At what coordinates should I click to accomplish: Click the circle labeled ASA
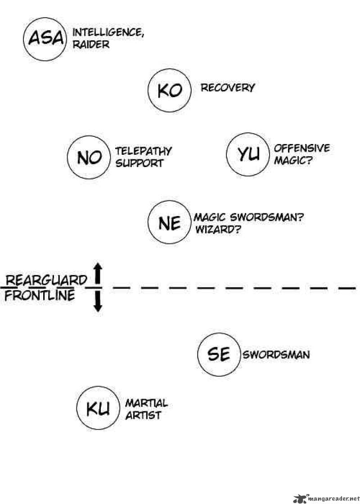[x=45, y=39]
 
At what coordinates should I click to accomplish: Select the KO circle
[x=169, y=91]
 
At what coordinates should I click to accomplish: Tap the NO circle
[x=89, y=157]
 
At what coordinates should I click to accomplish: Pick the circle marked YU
[x=248, y=154]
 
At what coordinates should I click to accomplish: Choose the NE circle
[x=169, y=223]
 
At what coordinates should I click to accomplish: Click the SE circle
[x=219, y=355]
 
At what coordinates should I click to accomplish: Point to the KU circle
[x=98, y=409]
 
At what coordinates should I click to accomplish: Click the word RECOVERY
[x=228, y=87]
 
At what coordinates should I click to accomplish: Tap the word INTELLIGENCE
[x=108, y=33]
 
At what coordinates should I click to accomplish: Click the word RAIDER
[x=91, y=45]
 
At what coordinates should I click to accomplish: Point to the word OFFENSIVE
[x=301, y=148]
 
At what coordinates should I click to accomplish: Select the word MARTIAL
[x=146, y=403]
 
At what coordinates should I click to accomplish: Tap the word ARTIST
[x=143, y=415]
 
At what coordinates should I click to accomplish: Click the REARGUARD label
[x=45, y=281]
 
